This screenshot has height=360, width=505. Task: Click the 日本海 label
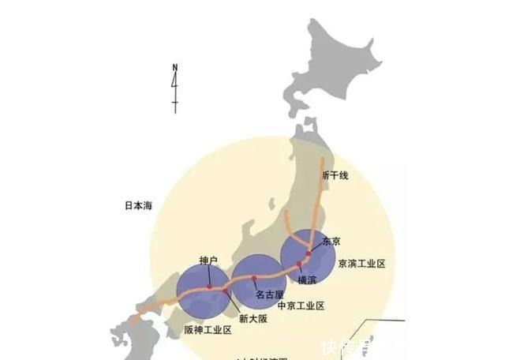[x=137, y=205]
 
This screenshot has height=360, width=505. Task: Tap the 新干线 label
[x=335, y=174]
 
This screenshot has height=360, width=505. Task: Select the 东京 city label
[x=332, y=242]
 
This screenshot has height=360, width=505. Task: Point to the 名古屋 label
[x=269, y=294]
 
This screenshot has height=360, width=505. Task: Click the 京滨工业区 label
[x=361, y=264]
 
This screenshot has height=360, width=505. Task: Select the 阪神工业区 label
[x=208, y=330]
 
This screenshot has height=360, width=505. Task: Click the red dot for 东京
[x=309, y=254]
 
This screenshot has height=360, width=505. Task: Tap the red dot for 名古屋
[x=253, y=278]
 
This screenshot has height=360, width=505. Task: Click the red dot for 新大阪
[x=226, y=293]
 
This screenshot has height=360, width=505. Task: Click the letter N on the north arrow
[x=175, y=66]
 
